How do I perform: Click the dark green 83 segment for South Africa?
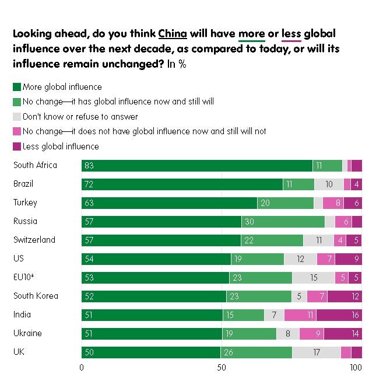[197, 166]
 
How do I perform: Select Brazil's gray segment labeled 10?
[329, 184]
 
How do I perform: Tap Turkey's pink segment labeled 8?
[333, 203]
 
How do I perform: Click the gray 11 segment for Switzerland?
[318, 240]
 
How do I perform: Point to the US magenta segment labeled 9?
[348, 259]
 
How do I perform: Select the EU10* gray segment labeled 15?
[314, 278]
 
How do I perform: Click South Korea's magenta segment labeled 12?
[345, 296]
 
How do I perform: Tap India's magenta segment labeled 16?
[339, 315]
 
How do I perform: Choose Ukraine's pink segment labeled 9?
[312, 334]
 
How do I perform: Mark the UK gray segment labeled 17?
[317, 352]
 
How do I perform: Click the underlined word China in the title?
[173, 34]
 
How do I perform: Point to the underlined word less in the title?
[291, 34]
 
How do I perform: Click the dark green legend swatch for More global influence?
[17, 88]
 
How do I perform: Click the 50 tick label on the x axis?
[221, 368]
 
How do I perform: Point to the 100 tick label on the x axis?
[355, 368]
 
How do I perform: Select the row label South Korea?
[36, 296]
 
